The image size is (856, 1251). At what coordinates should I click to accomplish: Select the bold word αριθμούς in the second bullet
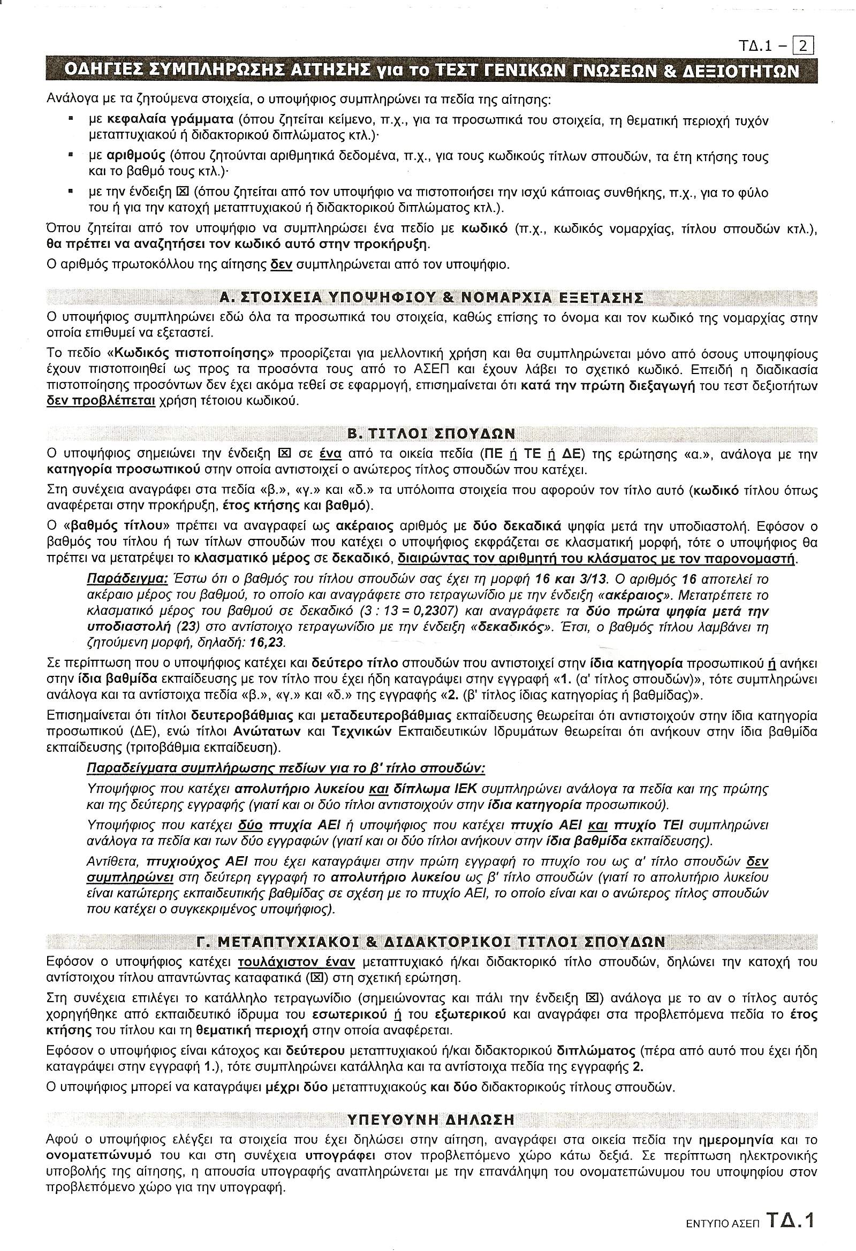point(137,157)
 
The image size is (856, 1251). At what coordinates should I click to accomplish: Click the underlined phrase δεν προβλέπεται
point(101,401)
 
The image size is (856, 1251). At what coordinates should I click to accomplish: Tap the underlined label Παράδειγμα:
point(127,579)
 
